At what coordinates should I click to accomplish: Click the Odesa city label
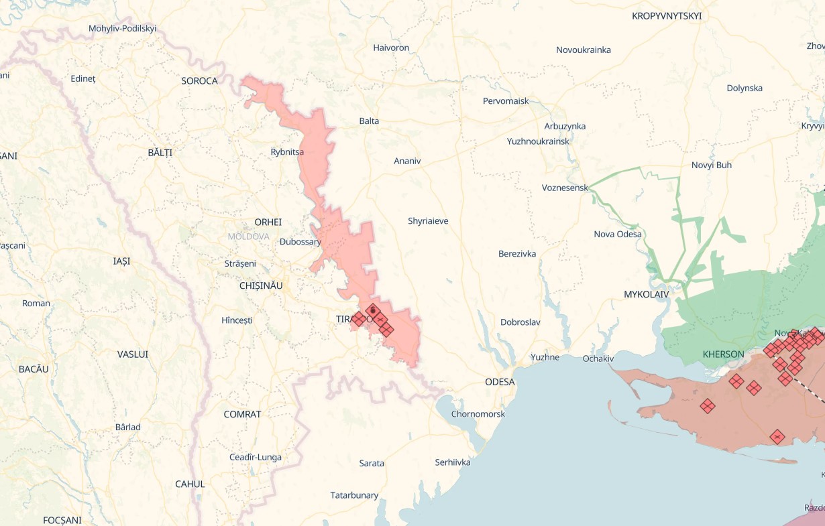[500, 382]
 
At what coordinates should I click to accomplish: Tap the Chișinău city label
[261, 285]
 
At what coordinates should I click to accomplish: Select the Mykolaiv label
[647, 294]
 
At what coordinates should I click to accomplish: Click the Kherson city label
[723, 354]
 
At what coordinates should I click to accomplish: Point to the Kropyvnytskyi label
[667, 15]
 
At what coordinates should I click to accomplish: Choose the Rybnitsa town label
[287, 152]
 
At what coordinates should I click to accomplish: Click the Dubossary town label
[300, 242]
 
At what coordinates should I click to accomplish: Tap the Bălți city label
[160, 153]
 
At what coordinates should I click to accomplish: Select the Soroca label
[199, 81]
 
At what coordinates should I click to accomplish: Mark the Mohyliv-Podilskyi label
[122, 28]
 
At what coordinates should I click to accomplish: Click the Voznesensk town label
[565, 188]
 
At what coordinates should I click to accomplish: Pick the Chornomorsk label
[478, 414]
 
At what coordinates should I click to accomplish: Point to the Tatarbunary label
[354, 495]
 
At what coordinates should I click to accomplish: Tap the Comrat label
[242, 414]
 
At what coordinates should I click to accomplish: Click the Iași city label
[121, 261]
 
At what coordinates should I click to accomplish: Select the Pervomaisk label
[506, 101]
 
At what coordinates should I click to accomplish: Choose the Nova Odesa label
[618, 234]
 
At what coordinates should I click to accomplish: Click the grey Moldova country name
[248, 237]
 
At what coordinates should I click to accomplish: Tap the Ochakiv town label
[598, 358]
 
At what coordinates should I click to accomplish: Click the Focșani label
[62, 520]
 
